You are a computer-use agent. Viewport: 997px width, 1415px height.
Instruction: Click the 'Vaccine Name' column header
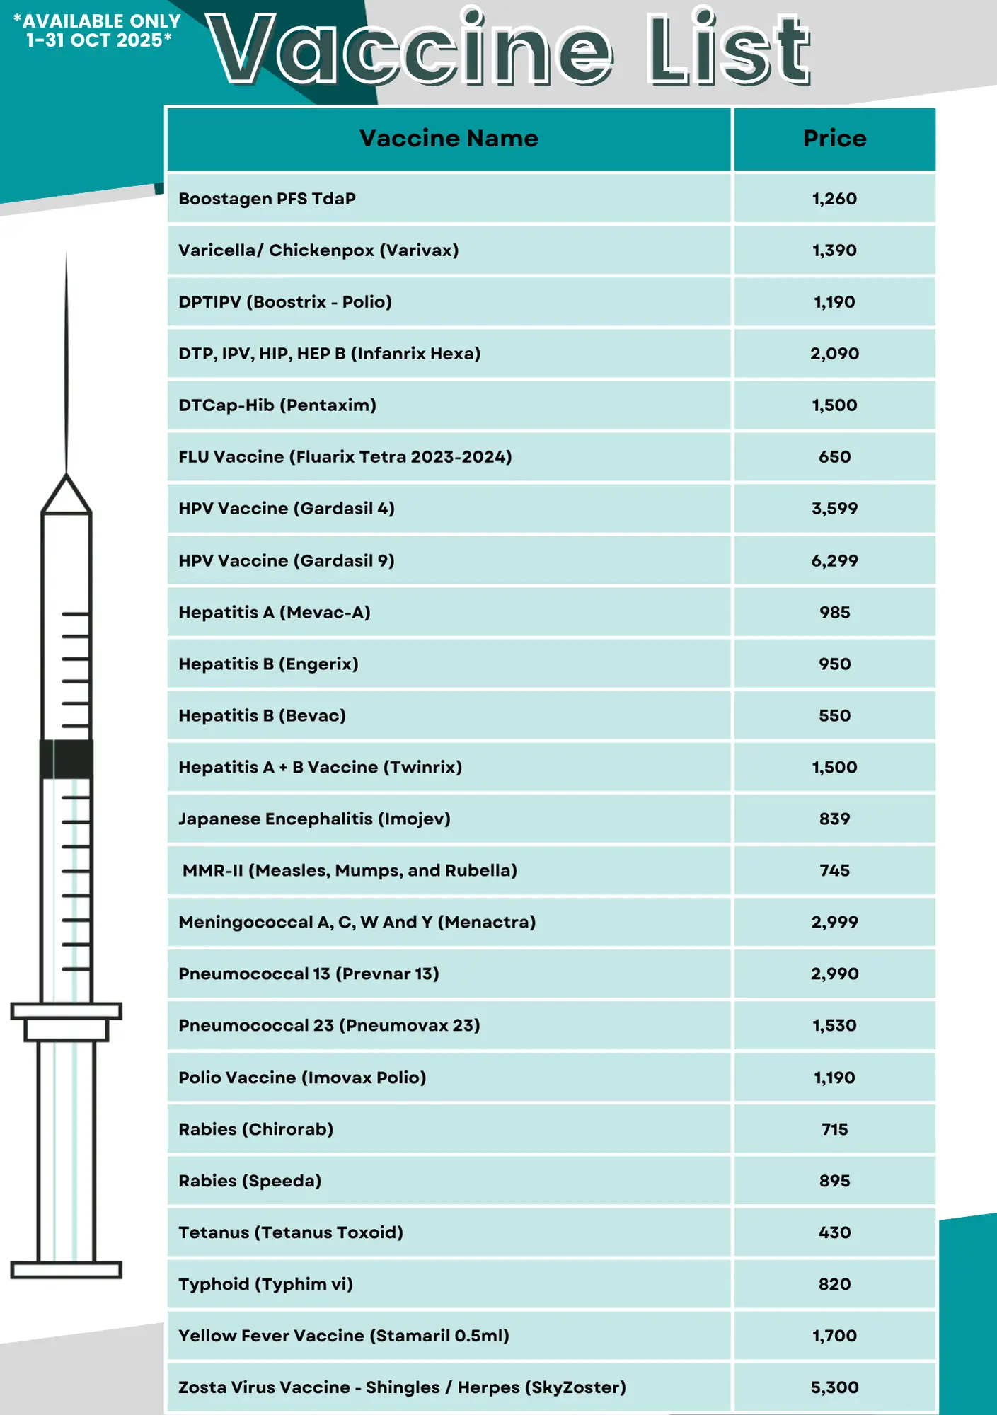click(x=449, y=139)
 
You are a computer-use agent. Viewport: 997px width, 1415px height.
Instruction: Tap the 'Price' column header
click(x=834, y=139)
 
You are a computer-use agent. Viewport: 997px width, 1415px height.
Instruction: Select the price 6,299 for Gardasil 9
click(x=834, y=561)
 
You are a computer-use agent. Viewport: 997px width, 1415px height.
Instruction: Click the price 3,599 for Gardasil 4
click(x=834, y=509)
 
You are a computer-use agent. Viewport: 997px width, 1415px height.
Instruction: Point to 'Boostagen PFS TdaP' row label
click(x=267, y=199)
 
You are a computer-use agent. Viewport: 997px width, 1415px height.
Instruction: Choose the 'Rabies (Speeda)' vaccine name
click(x=250, y=1181)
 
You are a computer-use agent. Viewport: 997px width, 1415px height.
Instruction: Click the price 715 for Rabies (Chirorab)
click(x=834, y=1129)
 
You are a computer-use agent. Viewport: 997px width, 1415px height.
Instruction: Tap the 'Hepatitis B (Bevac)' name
click(x=262, y=716)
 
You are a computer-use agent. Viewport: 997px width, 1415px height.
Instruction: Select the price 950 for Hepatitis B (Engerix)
click(x=834, y=664)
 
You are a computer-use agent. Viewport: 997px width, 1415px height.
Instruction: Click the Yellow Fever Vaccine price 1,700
click(x=834, y=1336)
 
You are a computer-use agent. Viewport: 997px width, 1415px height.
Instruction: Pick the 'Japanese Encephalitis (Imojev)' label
click(x=314, y=819)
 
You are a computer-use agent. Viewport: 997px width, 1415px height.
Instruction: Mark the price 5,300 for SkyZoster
click(x=834, y=1387)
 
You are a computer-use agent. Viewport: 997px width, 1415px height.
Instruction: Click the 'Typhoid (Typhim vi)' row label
click(x=265, y=1284)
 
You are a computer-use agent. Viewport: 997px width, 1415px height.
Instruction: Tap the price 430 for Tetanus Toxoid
click(x=834, y=1232)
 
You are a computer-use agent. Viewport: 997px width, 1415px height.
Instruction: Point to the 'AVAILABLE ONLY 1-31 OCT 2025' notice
click(x=98, y=31)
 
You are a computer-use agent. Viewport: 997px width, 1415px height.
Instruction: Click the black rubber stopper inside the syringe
click(x=67, y=759)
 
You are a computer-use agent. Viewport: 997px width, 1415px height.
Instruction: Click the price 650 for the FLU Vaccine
click(x=834, y=457)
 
